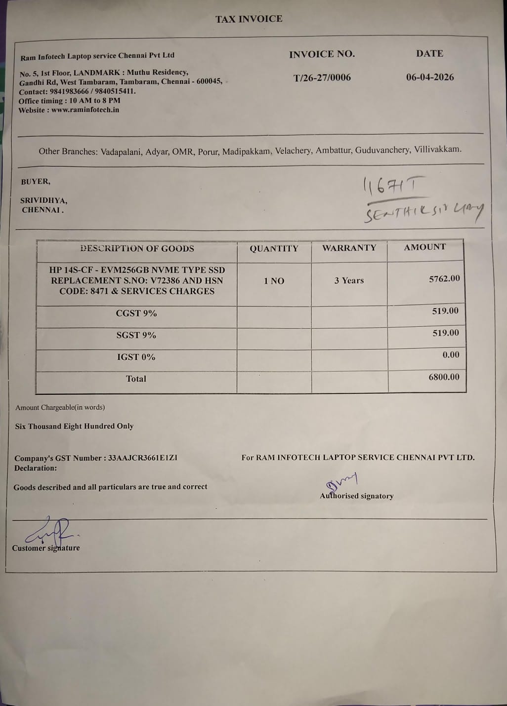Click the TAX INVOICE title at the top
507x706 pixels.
point(249,19)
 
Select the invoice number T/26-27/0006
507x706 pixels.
point(322,78)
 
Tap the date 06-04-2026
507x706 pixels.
point(430,77)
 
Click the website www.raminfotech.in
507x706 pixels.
point(85,110)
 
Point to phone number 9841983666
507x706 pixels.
point(69,91)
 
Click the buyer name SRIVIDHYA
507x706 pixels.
point(43,200)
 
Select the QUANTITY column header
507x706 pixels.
point(274,249)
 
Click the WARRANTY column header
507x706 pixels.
point(349,248)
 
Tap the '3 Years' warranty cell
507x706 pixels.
point(349,280)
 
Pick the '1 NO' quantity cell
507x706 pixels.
point(274,281)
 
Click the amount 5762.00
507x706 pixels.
point(444,278)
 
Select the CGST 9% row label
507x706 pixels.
point(136,313)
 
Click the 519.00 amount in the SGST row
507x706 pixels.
point(445,333)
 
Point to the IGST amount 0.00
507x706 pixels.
point(451,354)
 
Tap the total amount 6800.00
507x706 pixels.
point(444,377)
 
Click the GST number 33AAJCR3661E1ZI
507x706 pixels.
point(142,458)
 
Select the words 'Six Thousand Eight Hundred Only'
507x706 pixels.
point(74,426)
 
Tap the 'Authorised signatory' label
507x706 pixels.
point(357,496)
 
